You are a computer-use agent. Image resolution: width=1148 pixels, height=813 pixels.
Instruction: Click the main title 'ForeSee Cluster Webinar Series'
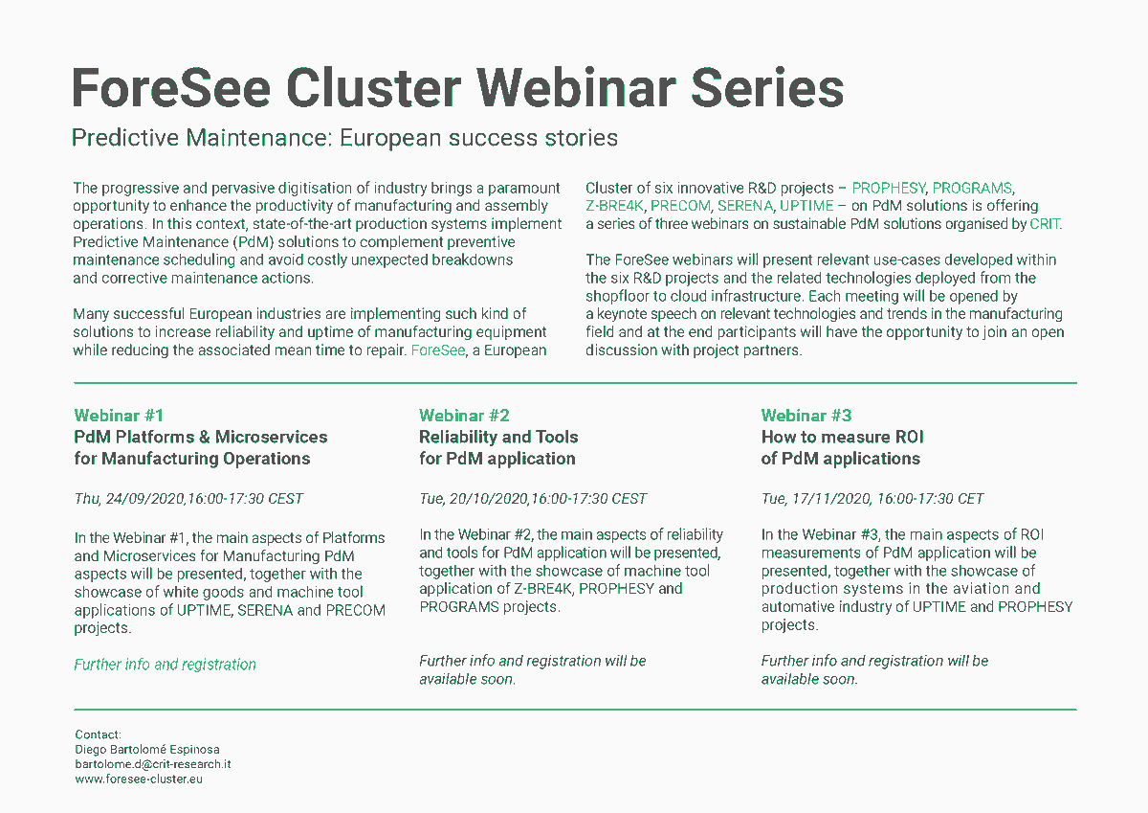[457, 88]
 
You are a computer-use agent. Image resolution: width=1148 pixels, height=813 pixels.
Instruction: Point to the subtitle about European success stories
[344, 138]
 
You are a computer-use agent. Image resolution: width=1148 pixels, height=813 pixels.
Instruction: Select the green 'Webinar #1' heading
[119, 416]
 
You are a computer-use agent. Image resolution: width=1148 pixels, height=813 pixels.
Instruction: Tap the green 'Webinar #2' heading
[464, 416]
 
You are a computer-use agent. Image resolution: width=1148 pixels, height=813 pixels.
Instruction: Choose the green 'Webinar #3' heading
[806, 416]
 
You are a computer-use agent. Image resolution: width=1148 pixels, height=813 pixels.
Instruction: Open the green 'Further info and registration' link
[165, 665]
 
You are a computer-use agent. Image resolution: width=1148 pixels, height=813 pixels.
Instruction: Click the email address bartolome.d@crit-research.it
[153, 764]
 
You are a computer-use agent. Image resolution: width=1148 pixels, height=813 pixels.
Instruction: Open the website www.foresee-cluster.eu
[139, 779]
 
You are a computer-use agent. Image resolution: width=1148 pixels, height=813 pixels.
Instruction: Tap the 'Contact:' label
[98, 734]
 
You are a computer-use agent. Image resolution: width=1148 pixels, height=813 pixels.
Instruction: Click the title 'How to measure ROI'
[842, 438]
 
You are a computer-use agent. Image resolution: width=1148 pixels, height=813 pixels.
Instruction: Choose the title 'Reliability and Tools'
[498, 438]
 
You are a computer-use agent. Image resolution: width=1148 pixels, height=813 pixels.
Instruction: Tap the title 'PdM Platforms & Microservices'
[201, 438]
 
